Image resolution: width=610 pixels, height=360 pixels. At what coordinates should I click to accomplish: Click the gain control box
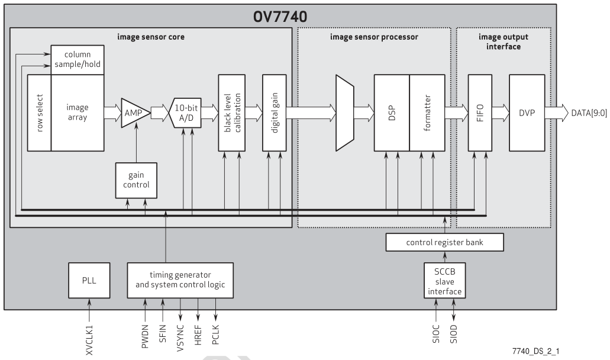pyautogui.click(x=136, y=181)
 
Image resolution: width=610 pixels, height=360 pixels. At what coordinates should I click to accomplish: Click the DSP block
pyautogui.click(x=391, y=112)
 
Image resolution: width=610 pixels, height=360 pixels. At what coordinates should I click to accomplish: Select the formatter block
pyautogui.click(x=427, y=112)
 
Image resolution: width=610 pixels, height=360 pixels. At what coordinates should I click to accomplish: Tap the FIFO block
pyautogui.click(x=480, y=112)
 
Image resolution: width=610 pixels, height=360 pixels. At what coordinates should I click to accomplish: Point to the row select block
pyautogui.click(x=39, y=112)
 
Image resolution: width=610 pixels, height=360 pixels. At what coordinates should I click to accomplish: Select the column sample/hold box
pyautogui.click(x=78, y=59)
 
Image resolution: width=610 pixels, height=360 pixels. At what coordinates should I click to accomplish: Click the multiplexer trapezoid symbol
pyautogui.click(x=344, y=112)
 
